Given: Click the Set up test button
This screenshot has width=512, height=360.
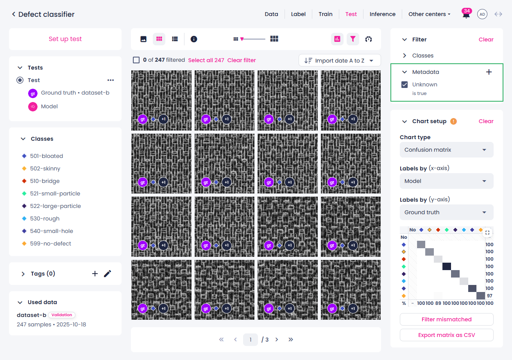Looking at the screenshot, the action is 65,39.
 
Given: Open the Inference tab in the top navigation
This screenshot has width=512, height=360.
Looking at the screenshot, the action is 382,14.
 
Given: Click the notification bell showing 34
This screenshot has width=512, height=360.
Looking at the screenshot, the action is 466,14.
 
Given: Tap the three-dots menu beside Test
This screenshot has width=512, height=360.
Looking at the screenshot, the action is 111,80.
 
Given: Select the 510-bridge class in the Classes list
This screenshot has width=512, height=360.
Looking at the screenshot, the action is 45,181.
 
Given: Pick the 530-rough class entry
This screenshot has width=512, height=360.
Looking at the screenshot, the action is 45,219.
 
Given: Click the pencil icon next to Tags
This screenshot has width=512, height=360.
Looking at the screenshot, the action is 107,274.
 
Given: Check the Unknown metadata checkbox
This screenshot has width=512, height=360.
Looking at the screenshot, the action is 405,84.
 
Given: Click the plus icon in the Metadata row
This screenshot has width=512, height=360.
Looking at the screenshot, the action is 489,72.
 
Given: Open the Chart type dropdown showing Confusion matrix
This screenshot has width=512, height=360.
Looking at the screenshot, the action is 446,150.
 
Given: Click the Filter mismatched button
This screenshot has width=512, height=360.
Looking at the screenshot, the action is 446,319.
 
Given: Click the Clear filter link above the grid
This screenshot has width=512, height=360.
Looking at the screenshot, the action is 242,60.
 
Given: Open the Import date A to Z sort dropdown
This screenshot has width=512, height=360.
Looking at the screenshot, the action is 340,60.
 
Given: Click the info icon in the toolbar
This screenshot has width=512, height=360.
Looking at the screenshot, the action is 193,39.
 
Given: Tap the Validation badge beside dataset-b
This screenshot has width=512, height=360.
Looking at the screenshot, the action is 62,315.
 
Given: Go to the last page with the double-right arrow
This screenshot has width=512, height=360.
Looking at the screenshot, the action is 290,340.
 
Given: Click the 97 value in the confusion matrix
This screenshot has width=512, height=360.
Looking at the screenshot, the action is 489,296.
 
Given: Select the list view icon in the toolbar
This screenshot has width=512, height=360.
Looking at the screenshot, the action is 175,39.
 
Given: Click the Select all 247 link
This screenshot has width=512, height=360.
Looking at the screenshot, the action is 206,60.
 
